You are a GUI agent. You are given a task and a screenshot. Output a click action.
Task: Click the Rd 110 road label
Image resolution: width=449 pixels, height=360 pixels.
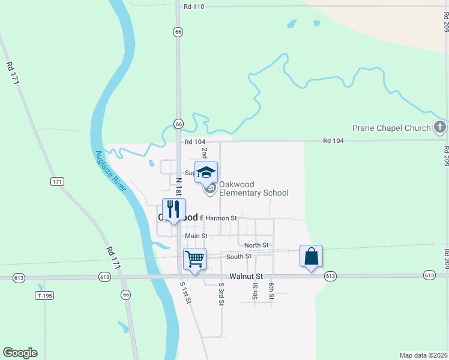coord(194,6)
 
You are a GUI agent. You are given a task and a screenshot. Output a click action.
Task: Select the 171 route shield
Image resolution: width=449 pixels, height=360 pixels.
coord(57,181)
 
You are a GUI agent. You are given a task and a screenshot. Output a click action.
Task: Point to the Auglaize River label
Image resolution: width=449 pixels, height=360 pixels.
coord(110,170)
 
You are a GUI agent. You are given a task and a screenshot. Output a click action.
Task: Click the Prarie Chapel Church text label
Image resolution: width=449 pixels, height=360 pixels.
coord(391,128)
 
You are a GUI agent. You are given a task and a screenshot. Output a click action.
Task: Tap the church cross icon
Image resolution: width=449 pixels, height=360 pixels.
coord(440,127)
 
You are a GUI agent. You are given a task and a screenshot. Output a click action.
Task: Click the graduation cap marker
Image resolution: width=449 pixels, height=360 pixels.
coord(206,172)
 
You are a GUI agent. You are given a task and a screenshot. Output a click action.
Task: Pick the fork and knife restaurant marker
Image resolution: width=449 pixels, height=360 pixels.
coord(173,209)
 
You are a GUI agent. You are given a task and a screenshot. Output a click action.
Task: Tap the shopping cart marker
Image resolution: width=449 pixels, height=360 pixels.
coord(194,259)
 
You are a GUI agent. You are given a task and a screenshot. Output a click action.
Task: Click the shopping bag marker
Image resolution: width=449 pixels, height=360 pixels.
coord(311,256)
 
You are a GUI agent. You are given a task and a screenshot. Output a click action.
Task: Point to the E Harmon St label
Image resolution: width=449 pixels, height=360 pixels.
coord(218,218)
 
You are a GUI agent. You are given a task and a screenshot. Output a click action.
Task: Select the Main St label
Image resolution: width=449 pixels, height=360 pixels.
coord(196,236)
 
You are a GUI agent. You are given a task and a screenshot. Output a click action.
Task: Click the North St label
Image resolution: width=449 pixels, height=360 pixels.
coord(256,245)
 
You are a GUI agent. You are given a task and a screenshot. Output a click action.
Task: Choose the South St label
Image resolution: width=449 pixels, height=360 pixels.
coord(238,257)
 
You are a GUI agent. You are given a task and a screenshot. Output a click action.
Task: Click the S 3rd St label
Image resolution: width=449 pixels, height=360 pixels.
coord(221,293)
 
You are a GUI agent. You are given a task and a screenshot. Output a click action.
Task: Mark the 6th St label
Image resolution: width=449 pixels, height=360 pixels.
coord(271,292)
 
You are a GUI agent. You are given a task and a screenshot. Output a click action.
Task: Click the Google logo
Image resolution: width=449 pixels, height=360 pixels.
coord(20,353)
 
